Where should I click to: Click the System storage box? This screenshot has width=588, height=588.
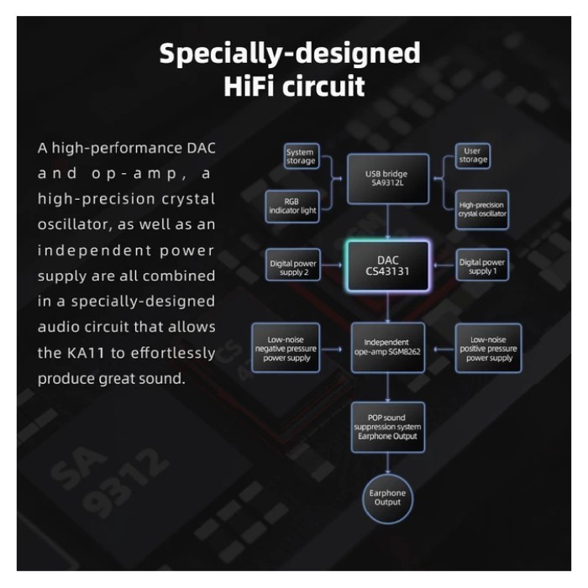(x=302, y=156)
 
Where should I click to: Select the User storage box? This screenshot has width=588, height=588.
(x=472, y=155)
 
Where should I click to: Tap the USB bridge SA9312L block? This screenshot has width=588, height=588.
(x=388, y=178)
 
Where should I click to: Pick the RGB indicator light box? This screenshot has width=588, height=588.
(x=292, y=207)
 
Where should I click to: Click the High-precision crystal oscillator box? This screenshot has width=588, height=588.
(x=482, y=210)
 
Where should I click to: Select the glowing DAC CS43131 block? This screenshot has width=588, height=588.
(x=388, y=266)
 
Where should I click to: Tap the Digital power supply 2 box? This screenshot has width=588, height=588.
(x=293, y=265)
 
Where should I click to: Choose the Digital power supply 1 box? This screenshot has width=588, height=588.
(x=482, y=265)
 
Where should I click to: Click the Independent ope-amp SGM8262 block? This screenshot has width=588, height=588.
(x=388, y=347)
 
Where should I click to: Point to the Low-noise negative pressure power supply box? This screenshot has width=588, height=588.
(x=286, y=348)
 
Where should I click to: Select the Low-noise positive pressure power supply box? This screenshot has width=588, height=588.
(x=488, y=348)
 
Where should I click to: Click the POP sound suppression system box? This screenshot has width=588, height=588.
(x=388, y=427)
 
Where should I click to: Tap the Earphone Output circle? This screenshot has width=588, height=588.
(x=387, y=498)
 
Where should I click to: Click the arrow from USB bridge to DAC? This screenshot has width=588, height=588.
(x=388, y=222)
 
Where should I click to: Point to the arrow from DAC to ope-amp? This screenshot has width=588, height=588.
(x=388, y=307)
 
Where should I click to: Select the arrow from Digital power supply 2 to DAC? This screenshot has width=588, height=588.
(x=332, y=265)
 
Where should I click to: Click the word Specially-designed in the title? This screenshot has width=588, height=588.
(x=290, y=53)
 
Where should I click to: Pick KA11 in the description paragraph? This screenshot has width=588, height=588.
(x=86, y=353)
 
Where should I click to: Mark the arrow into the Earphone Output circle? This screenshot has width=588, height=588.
(x=388, y=463)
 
